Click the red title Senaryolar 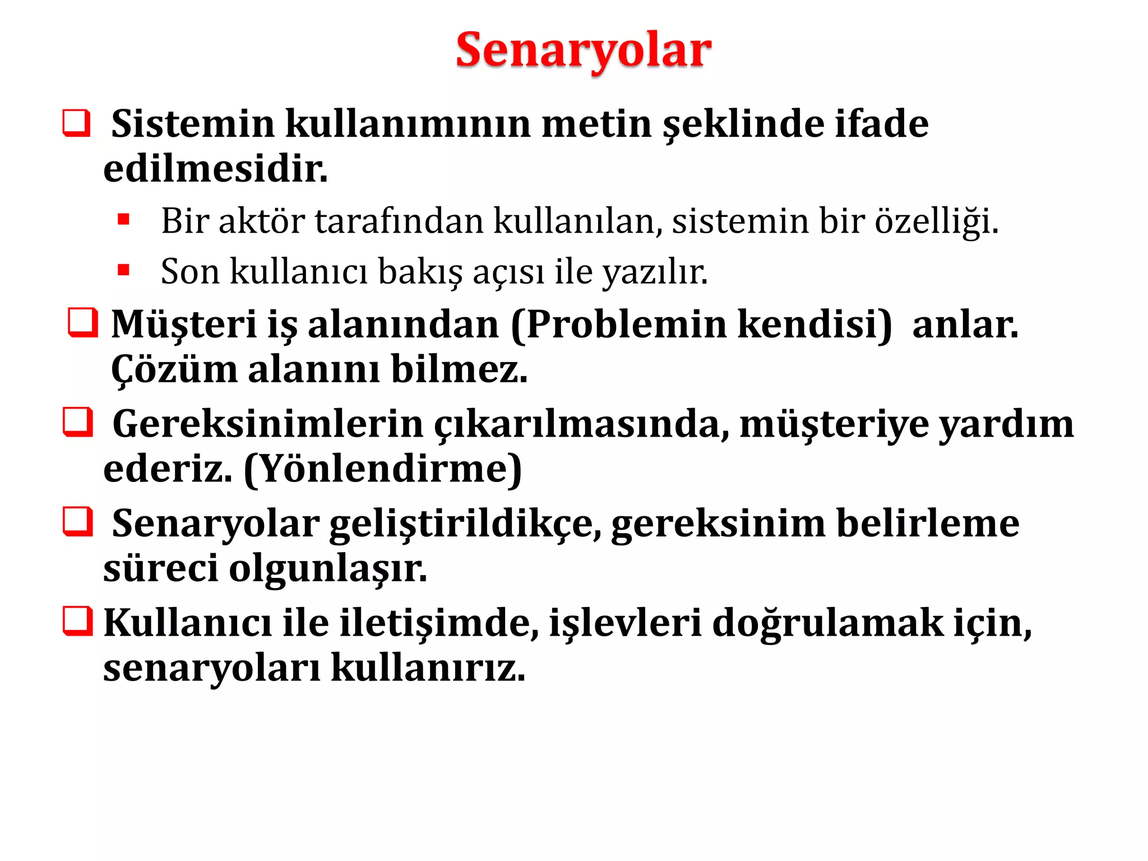[x=583, y=50]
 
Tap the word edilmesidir [x=215, y=169]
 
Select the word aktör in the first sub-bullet [x=261, y=221]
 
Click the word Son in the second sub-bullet [x=189, y=272]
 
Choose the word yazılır [x=655, y=272]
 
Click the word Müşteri [x=184, y=325]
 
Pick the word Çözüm [x=174, y=370]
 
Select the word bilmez [x=459, y=370]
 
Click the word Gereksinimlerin [x=267, y=424]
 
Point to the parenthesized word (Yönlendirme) [x=383, y=469]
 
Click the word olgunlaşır [x=328, y=569]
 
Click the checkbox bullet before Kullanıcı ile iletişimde [x=77, y=621]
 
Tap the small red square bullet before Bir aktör [x=124, y=219]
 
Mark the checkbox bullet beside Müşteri [x=82, y=322]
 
